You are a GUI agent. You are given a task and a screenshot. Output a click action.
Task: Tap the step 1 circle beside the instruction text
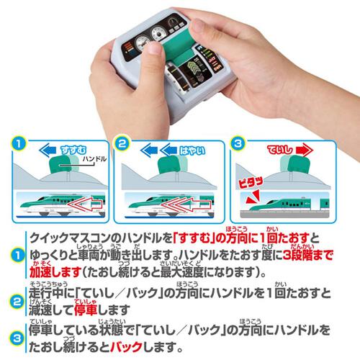click(14, 256)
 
